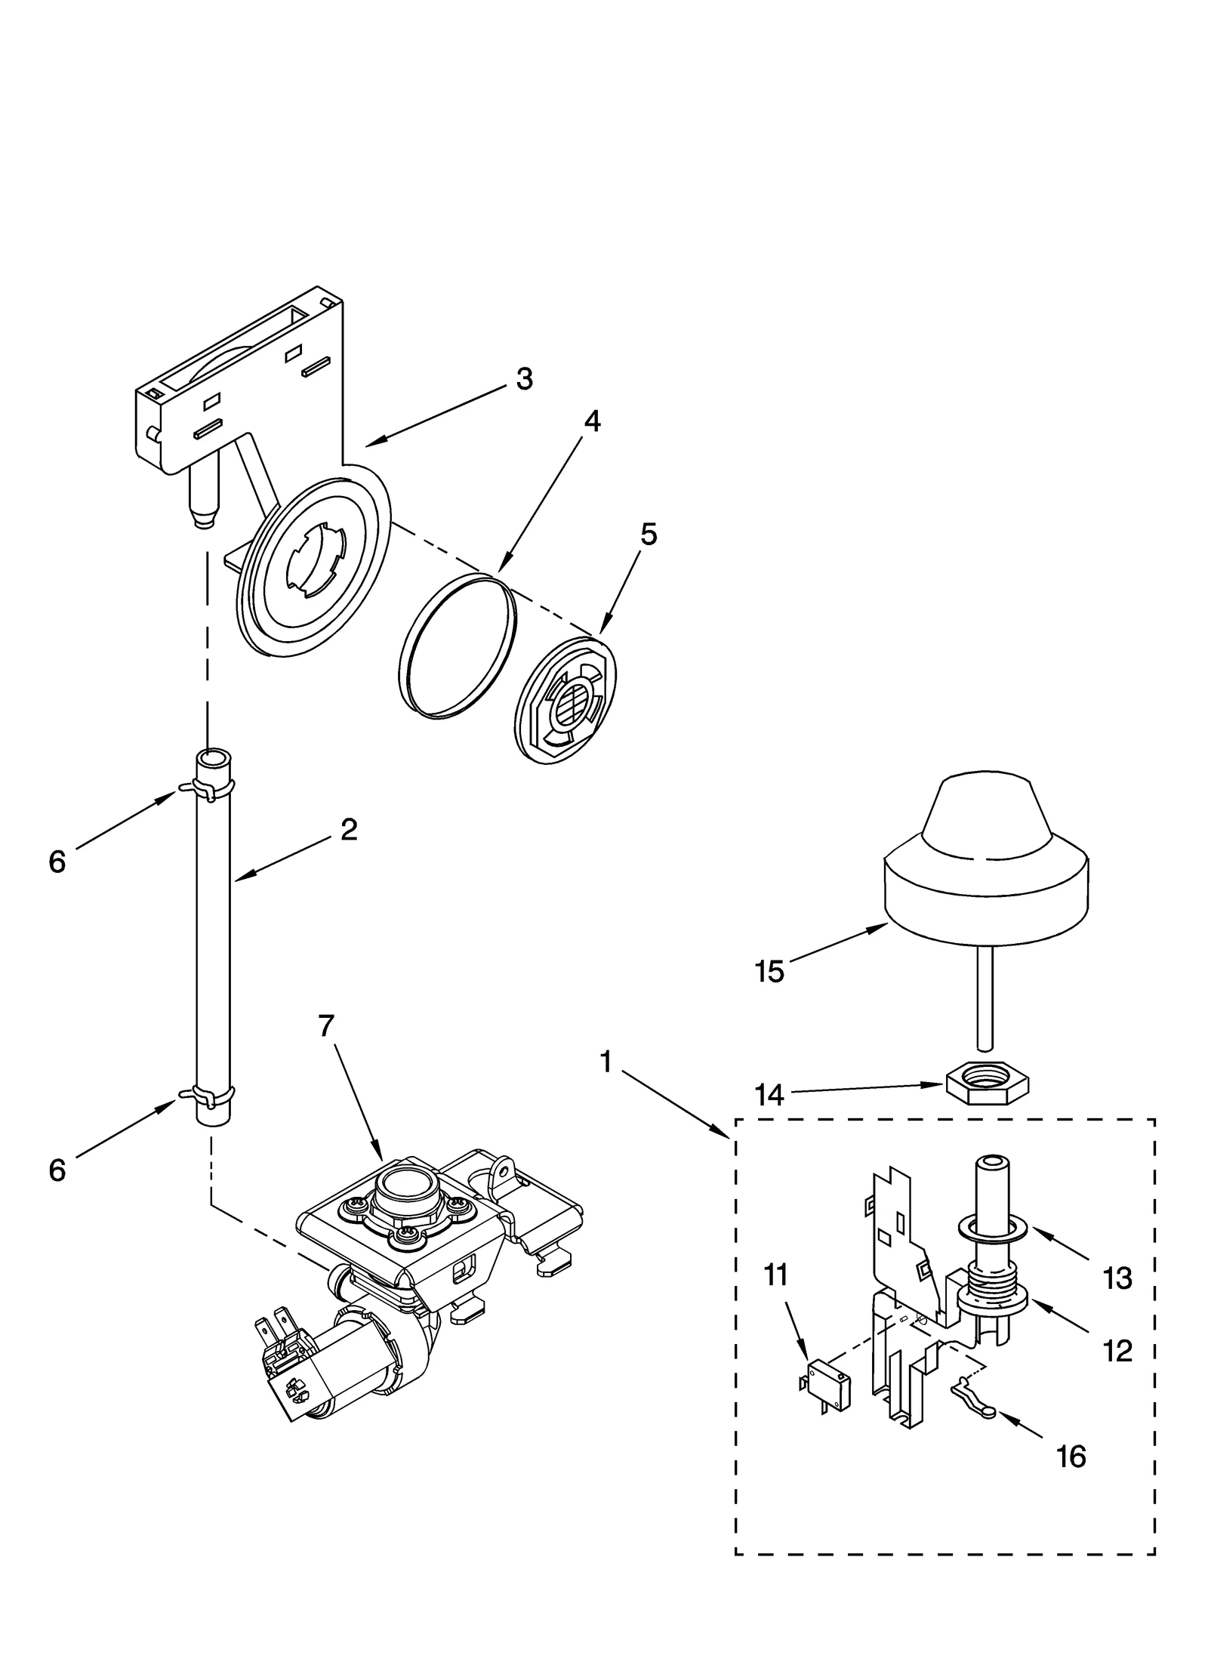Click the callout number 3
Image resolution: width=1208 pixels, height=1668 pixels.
[x=524, y=379]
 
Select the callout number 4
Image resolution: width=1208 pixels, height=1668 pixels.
[x=592, y=421]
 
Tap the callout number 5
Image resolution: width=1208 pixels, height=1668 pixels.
[x=649, y=534]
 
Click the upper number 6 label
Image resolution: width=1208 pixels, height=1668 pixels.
[x=57, y=862]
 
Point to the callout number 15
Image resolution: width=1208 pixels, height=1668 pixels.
[x=769, y=972]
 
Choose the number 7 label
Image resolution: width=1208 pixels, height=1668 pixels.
[x=325, y=1027]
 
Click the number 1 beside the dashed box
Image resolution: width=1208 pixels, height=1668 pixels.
[x=605, y=1062]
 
